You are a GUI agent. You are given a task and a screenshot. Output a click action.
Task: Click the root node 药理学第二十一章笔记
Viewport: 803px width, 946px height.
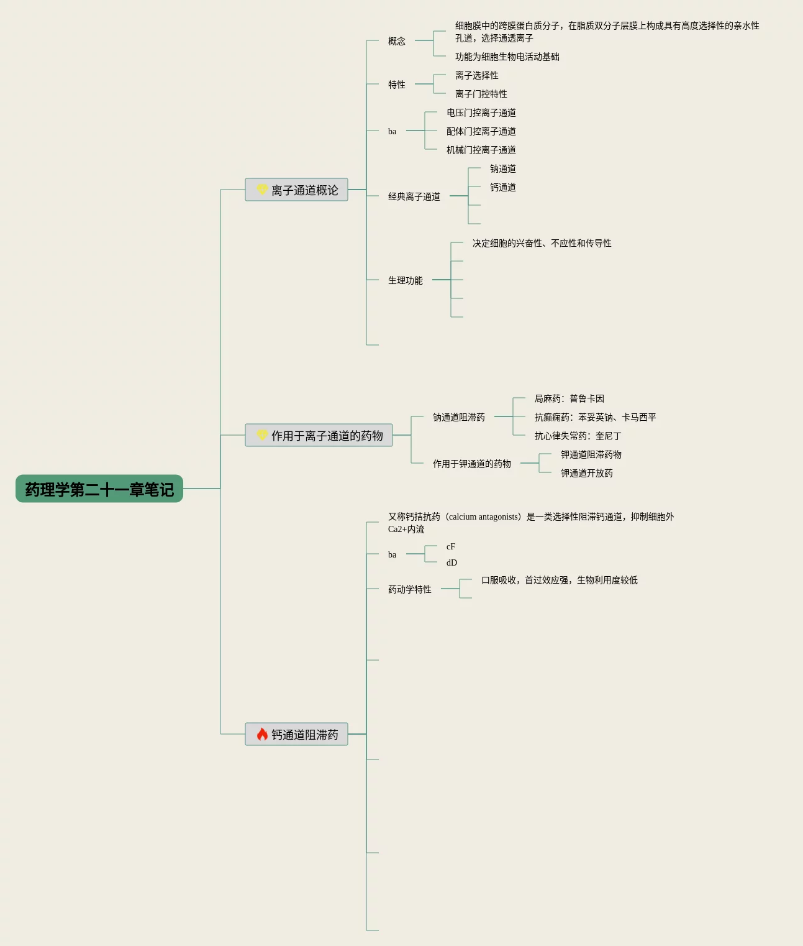99,489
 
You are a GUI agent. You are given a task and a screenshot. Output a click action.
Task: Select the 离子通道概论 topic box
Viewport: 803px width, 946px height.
296,190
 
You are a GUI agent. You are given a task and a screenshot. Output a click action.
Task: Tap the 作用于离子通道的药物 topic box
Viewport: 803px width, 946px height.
319,436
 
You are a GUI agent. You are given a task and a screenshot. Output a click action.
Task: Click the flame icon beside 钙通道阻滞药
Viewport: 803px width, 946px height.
262,735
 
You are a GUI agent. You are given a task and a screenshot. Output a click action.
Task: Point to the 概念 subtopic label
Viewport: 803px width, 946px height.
397,41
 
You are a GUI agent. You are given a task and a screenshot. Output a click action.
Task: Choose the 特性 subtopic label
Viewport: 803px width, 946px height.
397,85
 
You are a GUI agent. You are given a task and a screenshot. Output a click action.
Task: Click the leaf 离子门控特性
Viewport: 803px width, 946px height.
481,94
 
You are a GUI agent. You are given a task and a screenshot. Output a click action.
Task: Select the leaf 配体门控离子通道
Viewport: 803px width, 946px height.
481,131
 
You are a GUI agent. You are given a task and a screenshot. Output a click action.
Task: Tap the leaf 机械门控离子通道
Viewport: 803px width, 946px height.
481,150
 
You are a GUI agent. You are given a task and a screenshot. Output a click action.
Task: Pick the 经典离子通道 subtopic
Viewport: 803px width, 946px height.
414,196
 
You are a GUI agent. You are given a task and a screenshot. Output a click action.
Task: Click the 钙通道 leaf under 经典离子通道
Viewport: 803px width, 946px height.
502,187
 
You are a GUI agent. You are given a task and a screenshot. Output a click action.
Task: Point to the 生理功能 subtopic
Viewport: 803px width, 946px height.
406,280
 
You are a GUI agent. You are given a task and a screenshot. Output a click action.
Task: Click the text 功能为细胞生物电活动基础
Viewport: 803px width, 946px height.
507,57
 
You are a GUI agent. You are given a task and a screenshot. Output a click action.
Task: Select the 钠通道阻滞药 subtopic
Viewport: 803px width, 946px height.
459,417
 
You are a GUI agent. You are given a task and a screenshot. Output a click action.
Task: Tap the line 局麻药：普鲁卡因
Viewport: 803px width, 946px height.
569,398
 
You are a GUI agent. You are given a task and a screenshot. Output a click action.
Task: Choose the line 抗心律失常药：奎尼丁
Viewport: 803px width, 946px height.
578,436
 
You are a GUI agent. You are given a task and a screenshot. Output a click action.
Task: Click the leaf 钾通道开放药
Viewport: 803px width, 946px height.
586,473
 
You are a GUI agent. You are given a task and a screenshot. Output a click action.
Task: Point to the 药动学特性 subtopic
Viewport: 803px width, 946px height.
410,589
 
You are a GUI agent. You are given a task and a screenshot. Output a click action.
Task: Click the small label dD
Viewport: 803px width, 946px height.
451,563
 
